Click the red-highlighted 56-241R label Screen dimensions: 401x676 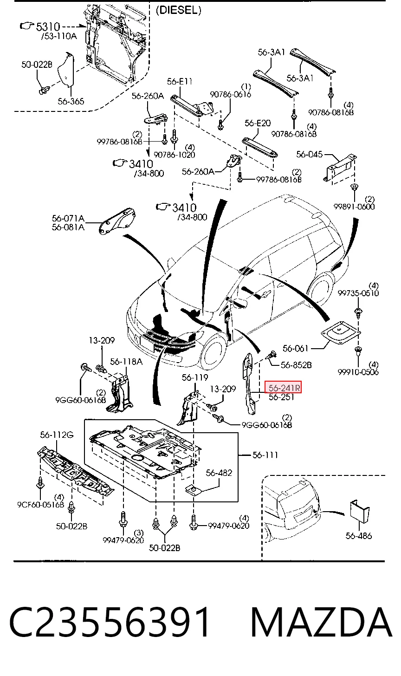pyautogui.click(x=283, y=388)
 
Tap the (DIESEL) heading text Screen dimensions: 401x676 pyautogui.click(x=179, y=10)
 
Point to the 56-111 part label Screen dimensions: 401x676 pyautogui.click(x=265, y=455)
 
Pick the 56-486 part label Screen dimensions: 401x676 pyautogui.click(x=358, y=536)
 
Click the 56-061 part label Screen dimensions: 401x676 pyautogui.click(x=295, y=349)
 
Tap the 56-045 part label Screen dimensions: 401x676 pyautogui.click(x=309, y=154)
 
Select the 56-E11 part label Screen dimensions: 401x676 pyautogui.click(x=180, y=81)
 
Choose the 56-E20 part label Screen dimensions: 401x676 pyautogui.click(x=258, y=123)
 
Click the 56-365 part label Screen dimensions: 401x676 pyautogui.click(x=71, y=101)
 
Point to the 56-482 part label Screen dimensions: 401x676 pyautogui.click(x=219, y=473)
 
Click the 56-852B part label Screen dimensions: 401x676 pyautogui.click(x=296, y=365)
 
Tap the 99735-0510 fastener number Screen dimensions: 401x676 pyautogui.click(x=358, y=292)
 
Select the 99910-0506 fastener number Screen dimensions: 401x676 pyautogui.click(x=358, y=372)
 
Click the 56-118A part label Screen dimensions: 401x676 pyautogui.click(x=126, y=361)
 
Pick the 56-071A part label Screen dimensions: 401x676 pyautogui.click(x=68, y=218)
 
